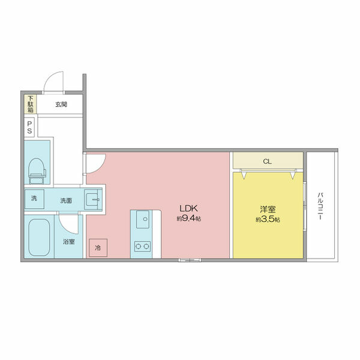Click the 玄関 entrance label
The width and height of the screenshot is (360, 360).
(61, 104)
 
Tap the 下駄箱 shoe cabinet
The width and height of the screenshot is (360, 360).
(31, 104)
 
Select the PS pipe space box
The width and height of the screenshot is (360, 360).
(29, 127)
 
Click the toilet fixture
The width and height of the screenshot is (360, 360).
(37, 171)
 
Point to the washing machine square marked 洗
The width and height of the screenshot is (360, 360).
(34, 199)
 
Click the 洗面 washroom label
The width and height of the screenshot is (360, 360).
(66, 200)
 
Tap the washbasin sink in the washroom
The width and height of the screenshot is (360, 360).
(92, 200)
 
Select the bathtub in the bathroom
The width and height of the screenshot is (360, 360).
(39, 238)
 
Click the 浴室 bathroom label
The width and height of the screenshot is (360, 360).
(69, 242)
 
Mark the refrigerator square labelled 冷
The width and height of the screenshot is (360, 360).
(98, 248)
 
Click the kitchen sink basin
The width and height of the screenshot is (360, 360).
(143, 220)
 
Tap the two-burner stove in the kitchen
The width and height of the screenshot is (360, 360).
(143, 247)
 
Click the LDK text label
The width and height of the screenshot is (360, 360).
(188, 208)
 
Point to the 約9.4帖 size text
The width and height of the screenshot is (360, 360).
(189, 218)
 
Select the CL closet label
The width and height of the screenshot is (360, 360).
(267, 161)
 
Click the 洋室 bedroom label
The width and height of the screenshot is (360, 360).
(268, 209)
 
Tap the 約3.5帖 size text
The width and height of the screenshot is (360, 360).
(268, 220)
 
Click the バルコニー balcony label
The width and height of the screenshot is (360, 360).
(320, 206)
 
